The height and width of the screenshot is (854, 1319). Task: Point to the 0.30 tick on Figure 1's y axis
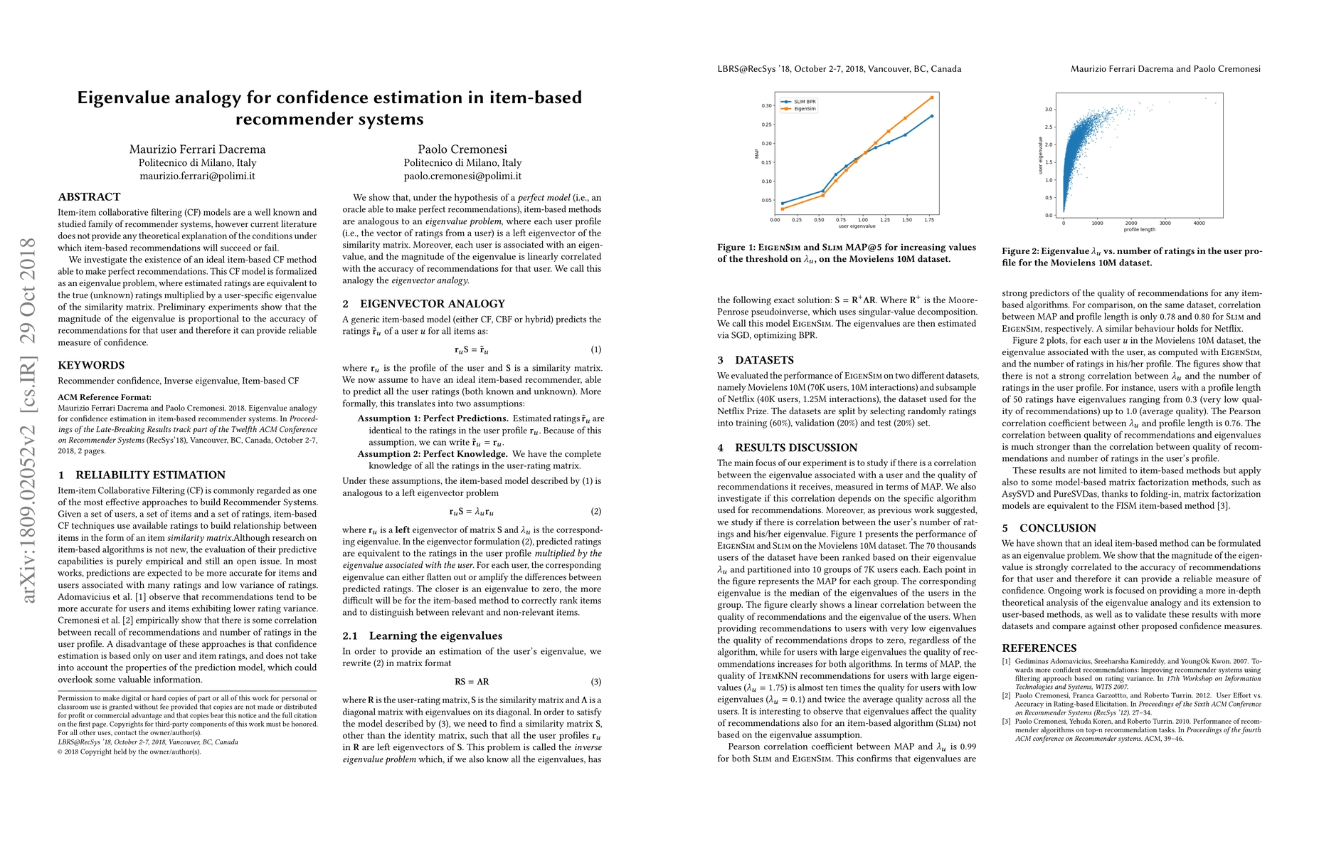coord(766,106)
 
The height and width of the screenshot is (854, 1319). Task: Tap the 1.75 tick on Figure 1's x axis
coord(930,220)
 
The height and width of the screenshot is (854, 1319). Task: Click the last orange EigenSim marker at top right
coord(931,97)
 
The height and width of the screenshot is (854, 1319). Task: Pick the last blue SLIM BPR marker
coord(931,116)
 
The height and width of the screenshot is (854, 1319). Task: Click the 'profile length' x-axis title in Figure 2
coord(1139,230)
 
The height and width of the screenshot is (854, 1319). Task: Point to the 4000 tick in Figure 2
coord(1199,223)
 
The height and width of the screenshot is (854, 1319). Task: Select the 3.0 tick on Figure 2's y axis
coord(1049,110)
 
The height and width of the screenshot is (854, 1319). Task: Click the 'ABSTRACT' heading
coord(89,196)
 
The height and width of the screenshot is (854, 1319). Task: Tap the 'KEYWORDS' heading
coord(91,365)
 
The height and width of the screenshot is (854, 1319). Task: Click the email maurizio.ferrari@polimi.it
coord(197,176)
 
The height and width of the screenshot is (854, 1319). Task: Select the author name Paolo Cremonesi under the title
coord(462,149)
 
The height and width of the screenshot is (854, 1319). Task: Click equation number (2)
coord(595,512)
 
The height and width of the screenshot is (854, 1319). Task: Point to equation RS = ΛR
coord(472,682)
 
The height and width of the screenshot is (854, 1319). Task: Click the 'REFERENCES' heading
coord(1039,648)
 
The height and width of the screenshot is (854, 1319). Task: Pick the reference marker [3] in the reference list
coord(1006,722)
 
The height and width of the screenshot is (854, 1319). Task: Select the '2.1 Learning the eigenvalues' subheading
coord(423,636)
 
